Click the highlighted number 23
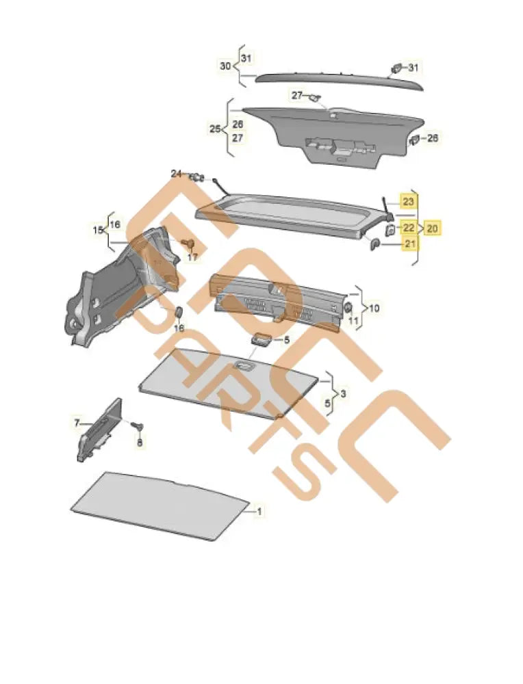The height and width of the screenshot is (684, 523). (408, 202)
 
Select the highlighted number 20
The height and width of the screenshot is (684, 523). (433, 228)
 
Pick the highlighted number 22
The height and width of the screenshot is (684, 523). (408, 228)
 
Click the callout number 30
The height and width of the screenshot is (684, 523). (225, 66)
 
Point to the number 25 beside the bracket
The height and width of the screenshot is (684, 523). (215, 129)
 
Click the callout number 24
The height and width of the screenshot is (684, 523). (177, 174)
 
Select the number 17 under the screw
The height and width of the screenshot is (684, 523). (192, 257)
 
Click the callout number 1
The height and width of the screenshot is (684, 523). (259, 510)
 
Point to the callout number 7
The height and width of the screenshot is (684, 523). (77, 423)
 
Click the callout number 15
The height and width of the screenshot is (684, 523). (97, 231)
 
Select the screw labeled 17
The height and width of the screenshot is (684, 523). (189, 244)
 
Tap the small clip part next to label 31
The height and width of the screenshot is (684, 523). (397, 67)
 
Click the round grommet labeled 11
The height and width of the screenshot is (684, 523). (348, 306)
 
